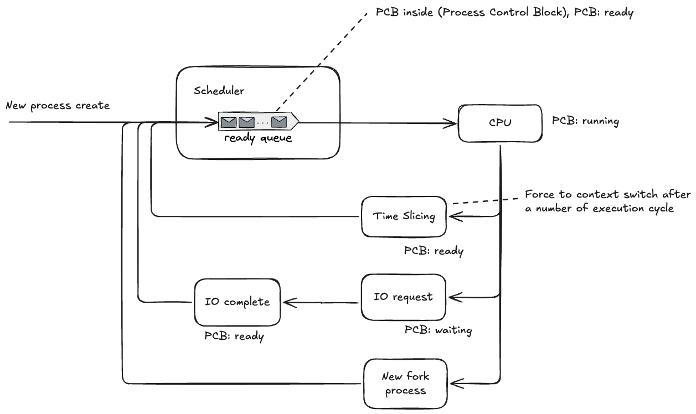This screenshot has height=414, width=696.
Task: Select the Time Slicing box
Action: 404,216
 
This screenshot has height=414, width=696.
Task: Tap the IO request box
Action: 403,297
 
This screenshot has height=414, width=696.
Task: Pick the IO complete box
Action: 237,302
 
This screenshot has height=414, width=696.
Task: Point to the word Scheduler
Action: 219,91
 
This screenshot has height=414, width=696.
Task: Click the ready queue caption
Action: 258,138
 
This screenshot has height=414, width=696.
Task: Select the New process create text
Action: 58,105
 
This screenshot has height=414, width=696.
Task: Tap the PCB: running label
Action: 585,121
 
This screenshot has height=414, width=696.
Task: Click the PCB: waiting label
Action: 438,330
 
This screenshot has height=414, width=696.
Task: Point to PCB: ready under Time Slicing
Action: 434,251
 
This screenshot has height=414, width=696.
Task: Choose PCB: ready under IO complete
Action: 234,335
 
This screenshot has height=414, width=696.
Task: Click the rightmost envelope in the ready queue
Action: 279,121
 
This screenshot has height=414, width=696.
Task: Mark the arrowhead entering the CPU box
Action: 453,123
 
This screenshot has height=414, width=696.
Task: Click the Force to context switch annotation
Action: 607,201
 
